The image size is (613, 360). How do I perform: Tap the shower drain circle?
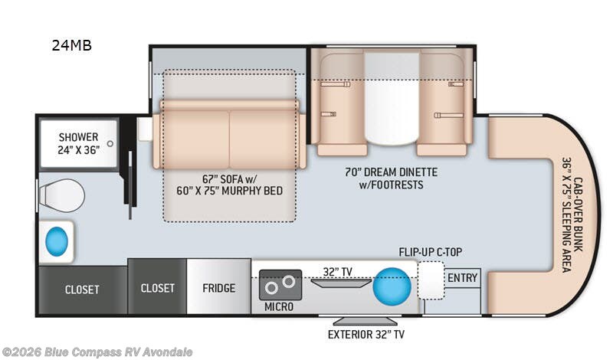110,143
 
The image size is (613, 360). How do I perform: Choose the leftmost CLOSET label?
82,290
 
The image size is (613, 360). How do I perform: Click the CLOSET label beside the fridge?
157,288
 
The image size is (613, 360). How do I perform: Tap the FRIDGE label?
218,288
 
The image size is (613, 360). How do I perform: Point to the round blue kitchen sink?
392,286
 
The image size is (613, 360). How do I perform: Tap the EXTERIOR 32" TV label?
366,334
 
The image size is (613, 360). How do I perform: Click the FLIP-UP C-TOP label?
430,252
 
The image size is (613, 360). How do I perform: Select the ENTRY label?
463,278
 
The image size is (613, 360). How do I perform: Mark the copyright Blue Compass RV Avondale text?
97,352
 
